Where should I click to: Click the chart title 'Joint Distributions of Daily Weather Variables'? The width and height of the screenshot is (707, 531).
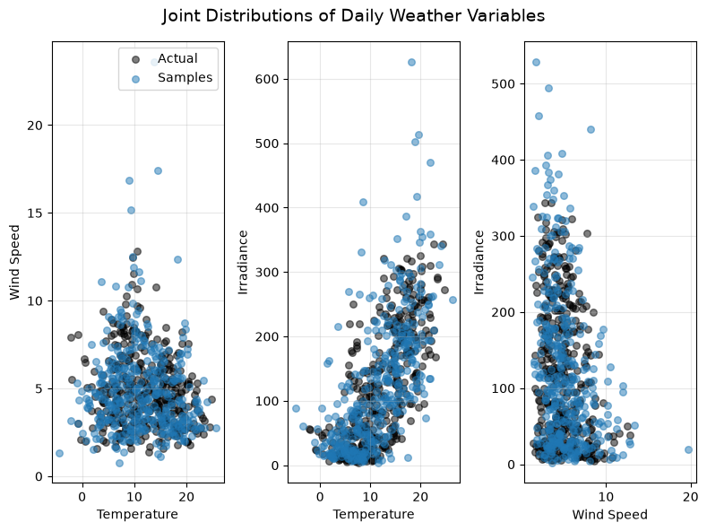pos(353,16)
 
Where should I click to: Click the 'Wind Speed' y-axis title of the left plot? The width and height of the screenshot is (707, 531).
pos(15,262)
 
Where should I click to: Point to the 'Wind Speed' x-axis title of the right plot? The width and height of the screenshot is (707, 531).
pos(609,515)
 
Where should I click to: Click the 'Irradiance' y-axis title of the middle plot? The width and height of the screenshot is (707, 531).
pos(243,262)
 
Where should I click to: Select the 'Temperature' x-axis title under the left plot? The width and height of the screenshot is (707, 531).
pos(137,514)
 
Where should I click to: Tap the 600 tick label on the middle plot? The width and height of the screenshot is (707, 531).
pos(267,80)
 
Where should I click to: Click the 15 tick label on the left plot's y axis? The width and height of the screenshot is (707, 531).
pos(35,213)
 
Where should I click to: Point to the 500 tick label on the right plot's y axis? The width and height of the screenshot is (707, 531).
pos(504,84)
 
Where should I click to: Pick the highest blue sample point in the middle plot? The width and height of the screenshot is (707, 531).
pos(411,62)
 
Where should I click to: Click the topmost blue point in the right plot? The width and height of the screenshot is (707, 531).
pos(536,62)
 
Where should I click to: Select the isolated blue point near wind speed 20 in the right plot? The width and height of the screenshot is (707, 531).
pos(688,449)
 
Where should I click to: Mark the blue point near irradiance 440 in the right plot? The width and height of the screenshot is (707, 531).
pos(591,129)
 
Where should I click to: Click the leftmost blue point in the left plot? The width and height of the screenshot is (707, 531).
pos(59,453)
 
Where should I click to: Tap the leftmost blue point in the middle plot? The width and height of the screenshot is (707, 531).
pos(297,409)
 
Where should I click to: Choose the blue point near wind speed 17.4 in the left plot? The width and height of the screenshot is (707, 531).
pos(158,170)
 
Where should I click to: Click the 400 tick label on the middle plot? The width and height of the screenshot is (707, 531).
pos(267,208)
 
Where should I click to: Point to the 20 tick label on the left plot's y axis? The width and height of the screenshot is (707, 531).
pos(35,126)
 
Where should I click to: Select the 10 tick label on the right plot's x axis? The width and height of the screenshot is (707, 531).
pos(606,497)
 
